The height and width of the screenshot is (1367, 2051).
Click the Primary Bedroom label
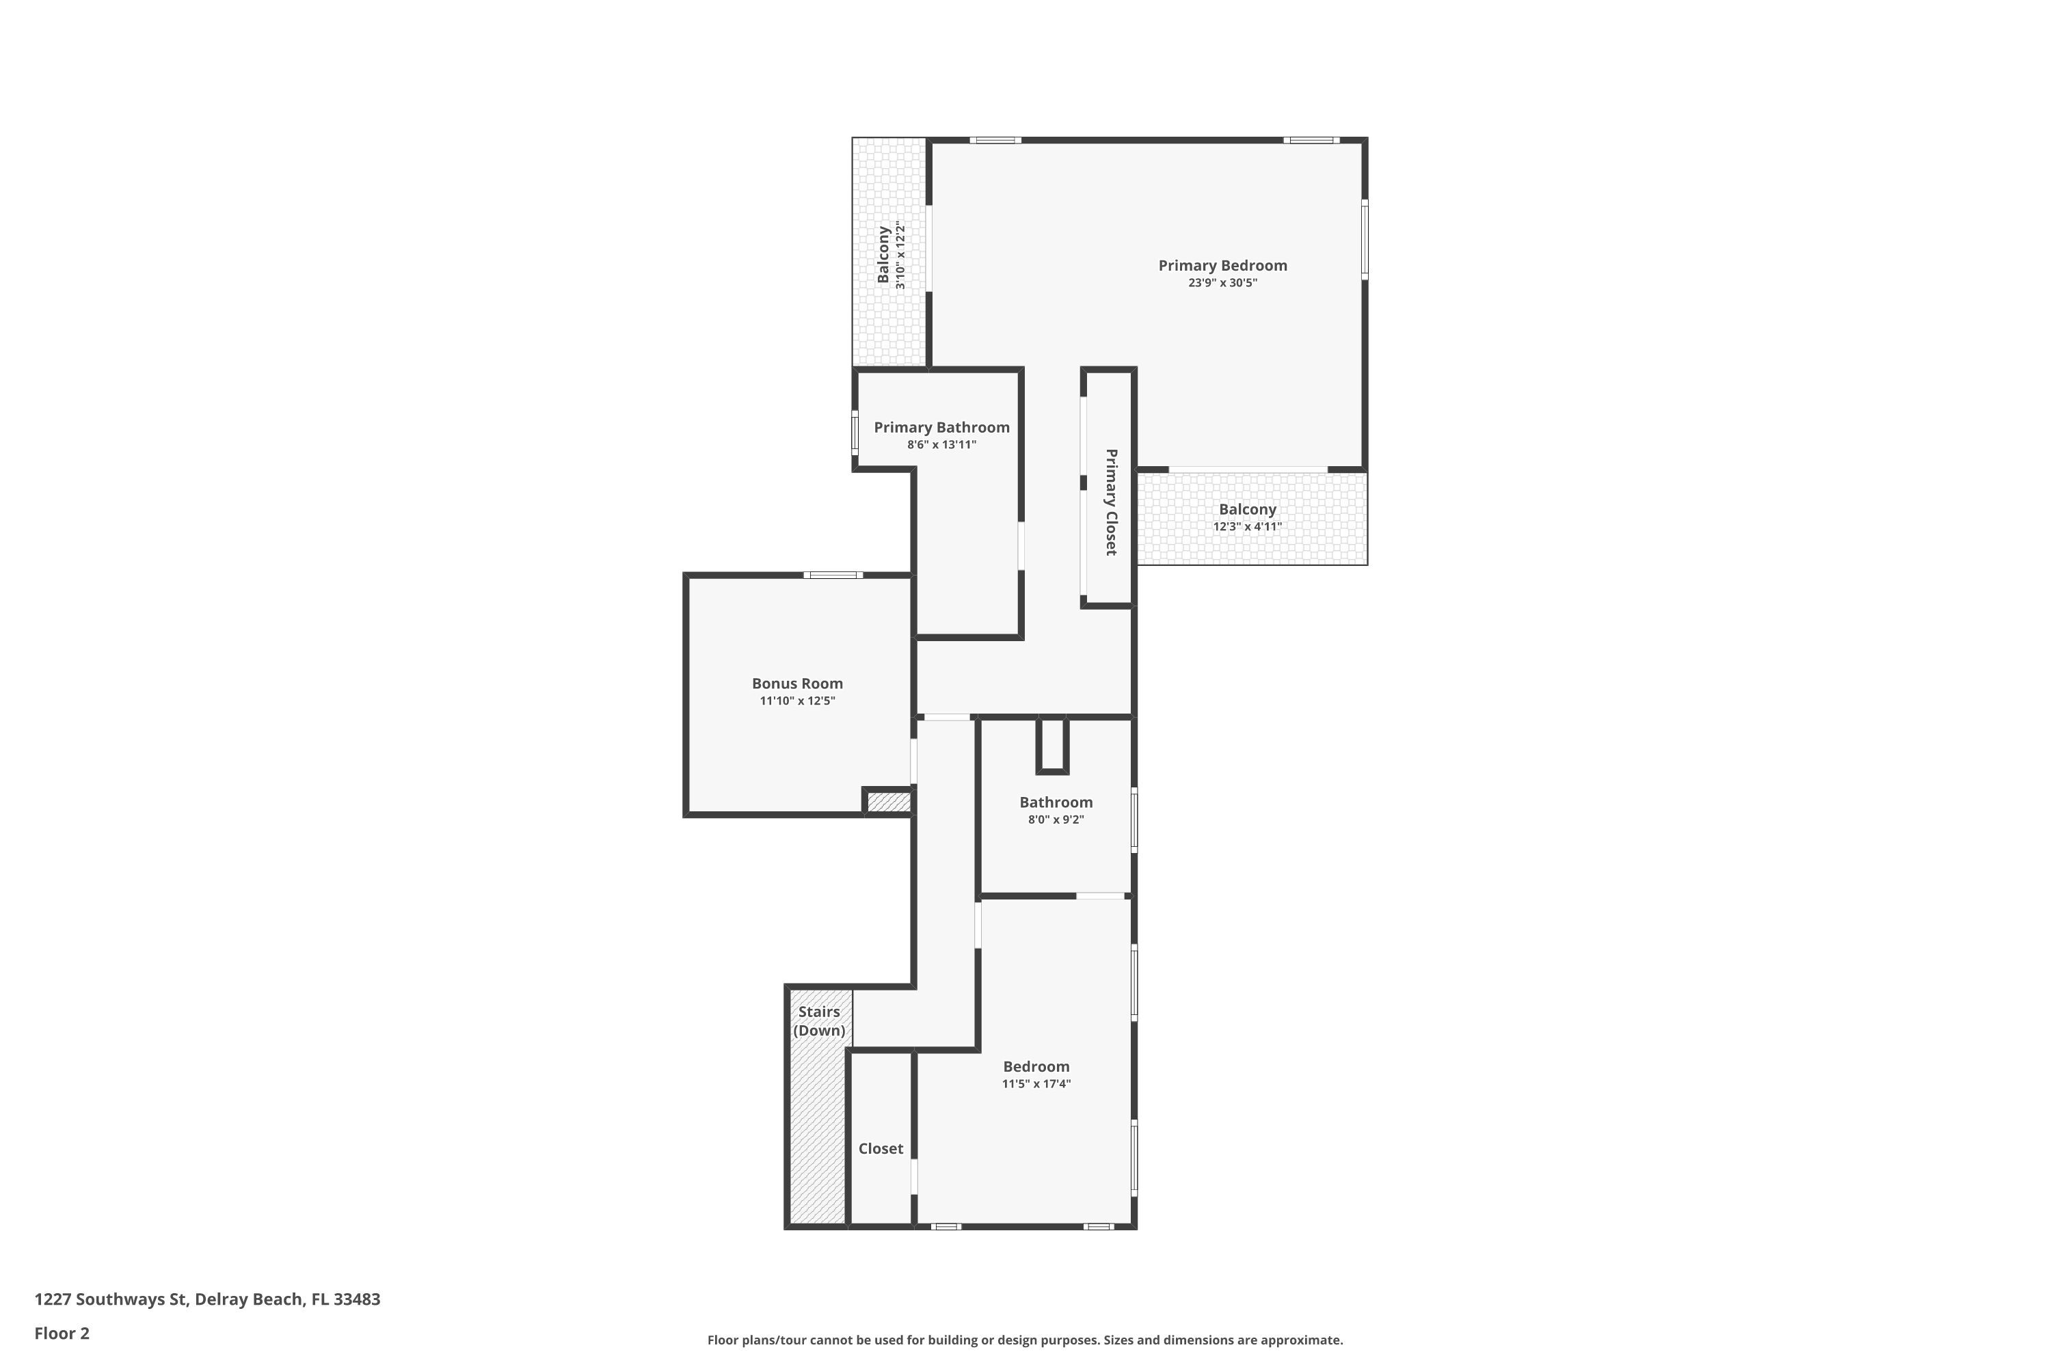click(1222, 266)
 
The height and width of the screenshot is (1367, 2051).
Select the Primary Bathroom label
click(942, 427)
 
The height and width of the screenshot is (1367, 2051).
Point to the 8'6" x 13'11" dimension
click(942, 445)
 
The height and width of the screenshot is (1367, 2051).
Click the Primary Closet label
click(1111, 502)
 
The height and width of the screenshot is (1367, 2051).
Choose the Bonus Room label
click(797, 683)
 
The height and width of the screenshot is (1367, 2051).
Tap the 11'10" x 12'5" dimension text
click(797, 701)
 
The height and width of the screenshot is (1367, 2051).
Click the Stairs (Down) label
click(820, 1021)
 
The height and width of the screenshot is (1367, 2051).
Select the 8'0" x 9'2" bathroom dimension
click(1056, 820)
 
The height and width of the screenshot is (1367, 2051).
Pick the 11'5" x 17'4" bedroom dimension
click(1036, 1083)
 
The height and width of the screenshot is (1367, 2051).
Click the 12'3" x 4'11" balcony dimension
click(1247, 526)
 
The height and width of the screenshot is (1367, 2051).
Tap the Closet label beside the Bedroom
click(881, 1149)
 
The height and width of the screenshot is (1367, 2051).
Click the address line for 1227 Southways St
click(208, 1299)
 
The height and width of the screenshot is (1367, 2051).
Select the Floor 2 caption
click(62, 1333)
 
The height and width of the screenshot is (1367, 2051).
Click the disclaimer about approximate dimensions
click(1025, 1340)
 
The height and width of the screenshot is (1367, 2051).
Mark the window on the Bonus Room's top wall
click(833, 575)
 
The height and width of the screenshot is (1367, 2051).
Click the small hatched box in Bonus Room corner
click(889, 801)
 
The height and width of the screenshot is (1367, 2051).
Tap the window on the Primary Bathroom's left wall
click(855, 433)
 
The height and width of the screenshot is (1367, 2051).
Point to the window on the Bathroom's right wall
click(1134, 820)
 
